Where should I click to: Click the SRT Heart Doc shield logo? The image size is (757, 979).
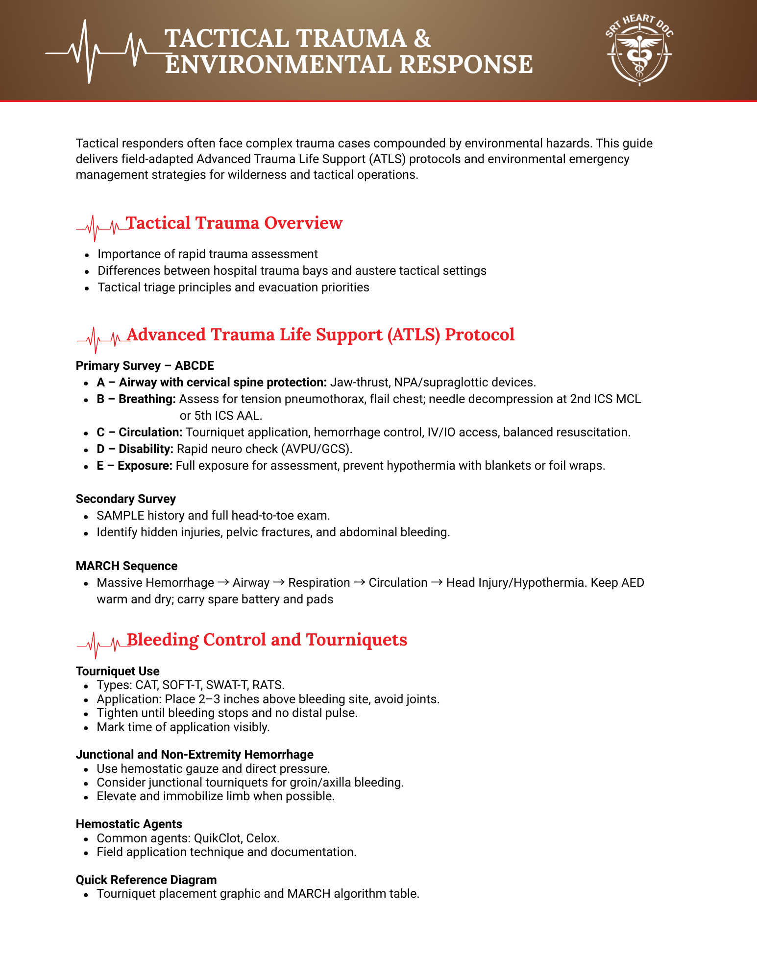(639, 50)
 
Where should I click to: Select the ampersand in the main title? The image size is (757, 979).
(422, 39)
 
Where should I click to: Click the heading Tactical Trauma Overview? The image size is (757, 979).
(234, 223)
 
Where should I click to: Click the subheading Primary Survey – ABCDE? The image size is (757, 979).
(145, 366)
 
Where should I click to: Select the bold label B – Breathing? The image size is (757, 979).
(136, 399)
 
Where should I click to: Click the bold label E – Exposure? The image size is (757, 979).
(134, 466)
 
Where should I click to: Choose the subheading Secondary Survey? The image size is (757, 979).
(125, 499)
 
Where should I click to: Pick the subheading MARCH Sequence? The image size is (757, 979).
(126, 566)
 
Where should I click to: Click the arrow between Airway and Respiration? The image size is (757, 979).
(279, 583)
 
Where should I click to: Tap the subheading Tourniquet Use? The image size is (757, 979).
(118, 671)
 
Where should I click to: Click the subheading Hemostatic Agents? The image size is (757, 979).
(129, 824)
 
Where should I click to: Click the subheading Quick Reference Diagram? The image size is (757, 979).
(146, 880)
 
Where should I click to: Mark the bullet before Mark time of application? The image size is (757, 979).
(86, 728)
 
